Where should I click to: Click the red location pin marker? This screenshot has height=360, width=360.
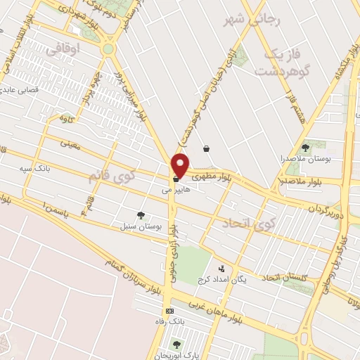click(181, 165)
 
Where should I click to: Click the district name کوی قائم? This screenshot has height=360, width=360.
click(109, 176)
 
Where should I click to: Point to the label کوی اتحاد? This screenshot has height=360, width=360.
click(246, 224)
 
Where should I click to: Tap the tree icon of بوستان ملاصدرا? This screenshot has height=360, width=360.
click(304, 148)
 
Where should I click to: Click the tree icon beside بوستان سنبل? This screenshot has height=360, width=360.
click(141, 215)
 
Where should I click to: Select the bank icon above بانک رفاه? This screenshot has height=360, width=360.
click(169, 311)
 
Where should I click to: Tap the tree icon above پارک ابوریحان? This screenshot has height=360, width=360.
click(176, 344)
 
